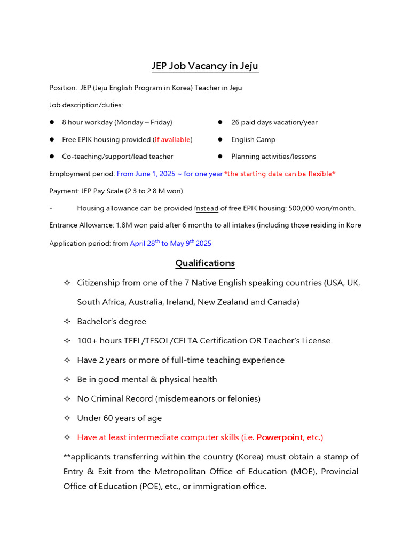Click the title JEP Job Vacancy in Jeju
tap(205, 66)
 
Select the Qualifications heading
tap(205, 263)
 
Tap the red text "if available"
tap(172, 139)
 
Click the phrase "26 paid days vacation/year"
tap(274, 122)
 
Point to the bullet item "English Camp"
tap(253, 139)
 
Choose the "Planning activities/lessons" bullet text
tap(273, 157)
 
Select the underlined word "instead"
tap(206, 208)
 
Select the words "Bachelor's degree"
tap(111, 322)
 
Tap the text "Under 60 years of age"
tap(119, 418)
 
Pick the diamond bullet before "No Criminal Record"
tap(67, 399)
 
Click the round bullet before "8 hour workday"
tap(52, 122)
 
